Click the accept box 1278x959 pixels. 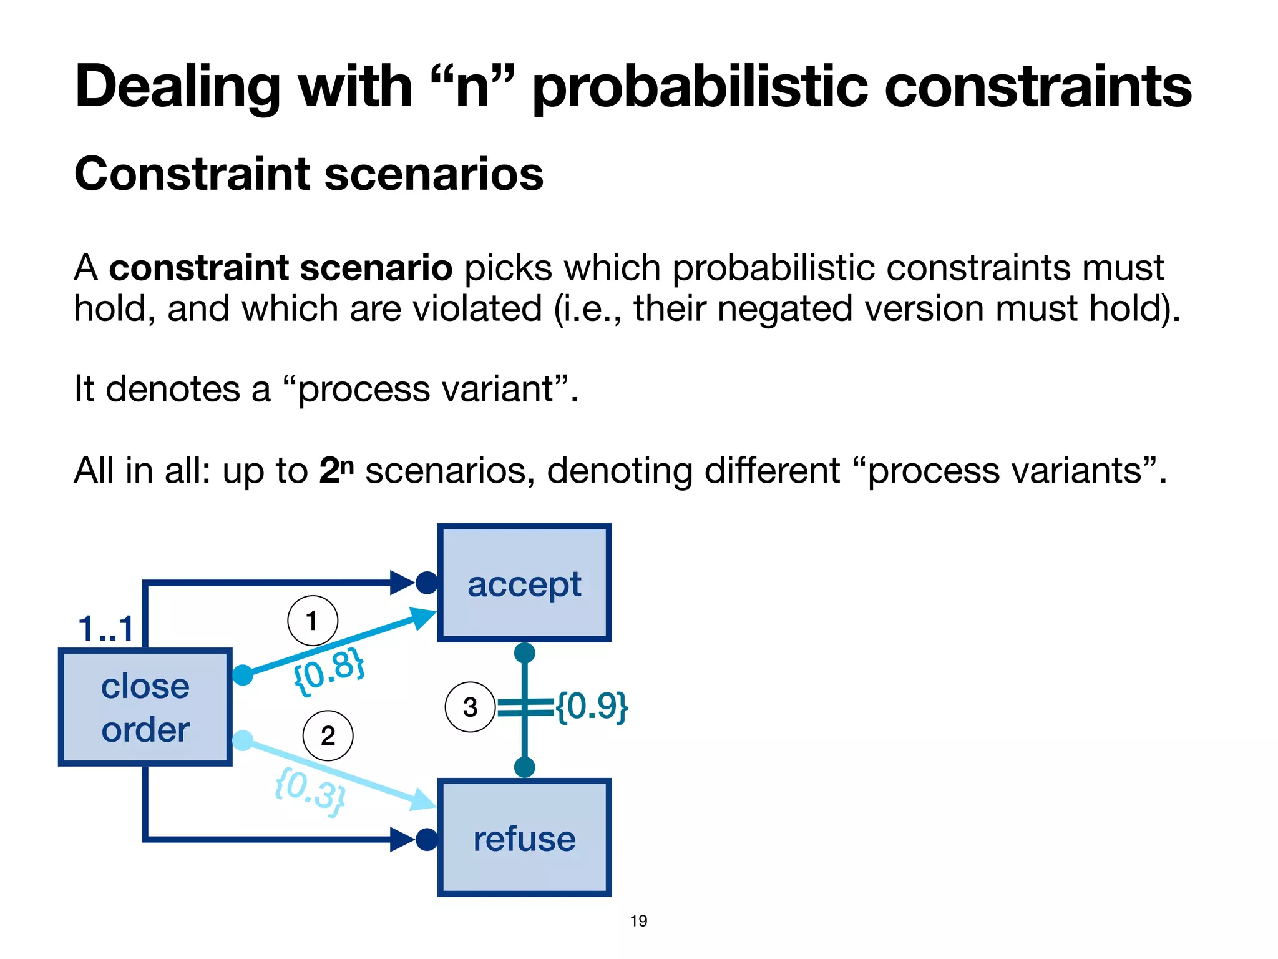(524, 583)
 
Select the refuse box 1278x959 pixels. (524, 838)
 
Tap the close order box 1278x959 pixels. (145, 707)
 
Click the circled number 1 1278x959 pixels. (312, 621)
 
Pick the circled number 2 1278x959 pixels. (328, 735)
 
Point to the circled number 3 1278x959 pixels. (470, 707)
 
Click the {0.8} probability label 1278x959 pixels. (329, 671)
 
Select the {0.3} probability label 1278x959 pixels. (310, 792)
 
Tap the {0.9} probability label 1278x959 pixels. (592, 706)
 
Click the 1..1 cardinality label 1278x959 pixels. (105, 628)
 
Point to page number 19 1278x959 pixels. (638, 921)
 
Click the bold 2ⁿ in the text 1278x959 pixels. (336, 470)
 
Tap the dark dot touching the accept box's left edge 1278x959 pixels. (427, 583)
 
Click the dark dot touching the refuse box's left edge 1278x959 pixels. (427, 839)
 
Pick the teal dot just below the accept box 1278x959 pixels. (524, 653)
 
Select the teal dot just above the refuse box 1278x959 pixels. (524, 767)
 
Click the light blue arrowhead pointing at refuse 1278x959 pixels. (423, 800)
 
